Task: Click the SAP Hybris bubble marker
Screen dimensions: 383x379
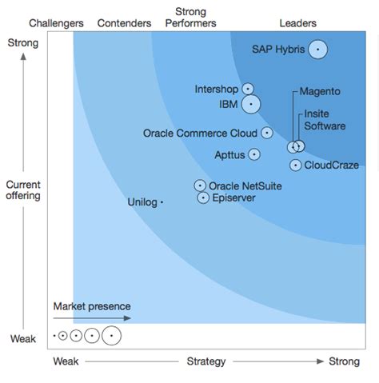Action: [x=317, y=50]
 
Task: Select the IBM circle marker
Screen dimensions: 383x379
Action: [x=251, y=104]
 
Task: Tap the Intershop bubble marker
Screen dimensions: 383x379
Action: [x=248, y=89]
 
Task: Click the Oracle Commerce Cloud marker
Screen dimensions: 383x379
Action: [x=266, y=133]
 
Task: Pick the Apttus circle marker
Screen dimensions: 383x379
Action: [x=254, y=154]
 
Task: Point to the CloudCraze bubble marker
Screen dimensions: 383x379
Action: [x=295, y=165]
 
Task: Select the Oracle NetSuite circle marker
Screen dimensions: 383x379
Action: [x=200, y=186]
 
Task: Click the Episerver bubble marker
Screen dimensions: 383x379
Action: [x=203, y=197]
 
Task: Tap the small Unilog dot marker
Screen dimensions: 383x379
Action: [x=162, y=203]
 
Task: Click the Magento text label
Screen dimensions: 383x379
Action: [x=320, y=91]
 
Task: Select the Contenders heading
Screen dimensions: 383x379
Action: [x=124, y=23]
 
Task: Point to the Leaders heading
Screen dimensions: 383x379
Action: [x=298, y=23]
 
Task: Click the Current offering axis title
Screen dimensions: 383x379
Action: [x=23, y=190]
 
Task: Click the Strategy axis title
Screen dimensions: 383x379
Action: [x=206, y=362]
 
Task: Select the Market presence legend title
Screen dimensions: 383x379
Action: [x=91, y=306]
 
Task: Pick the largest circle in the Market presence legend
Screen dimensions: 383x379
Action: [x=111, y=336]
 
